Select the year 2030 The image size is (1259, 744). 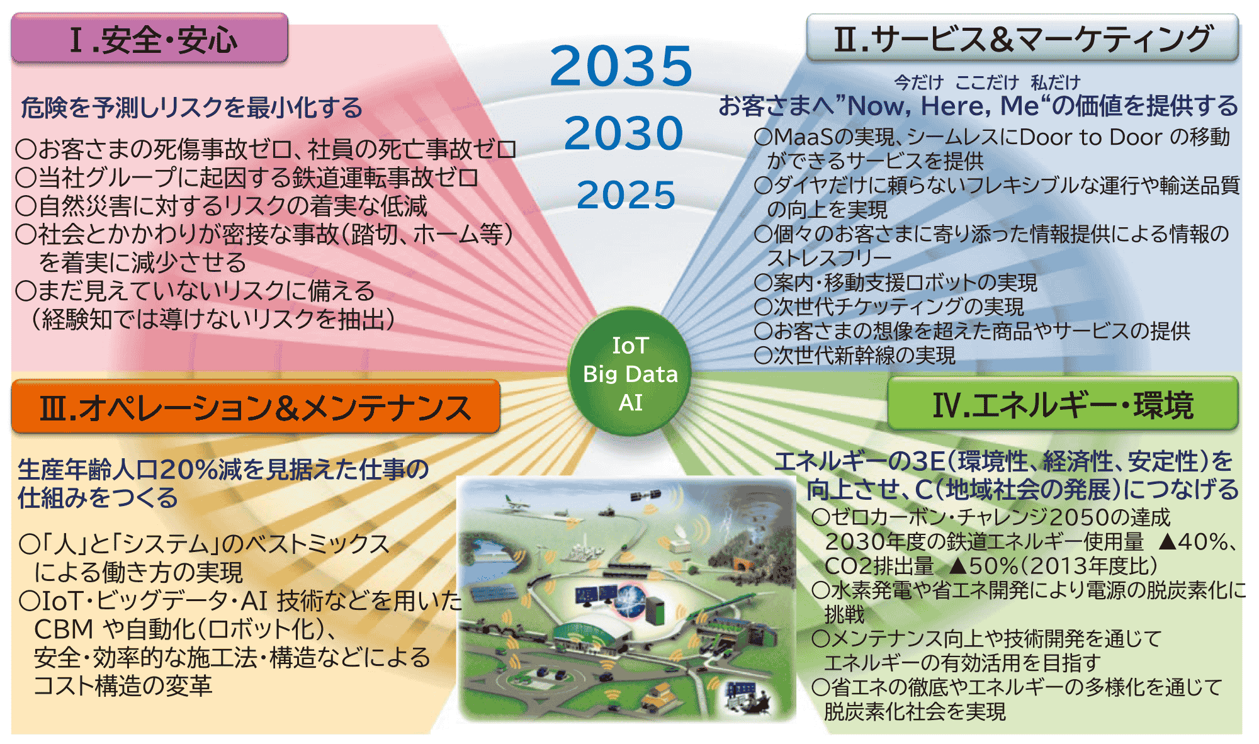623,133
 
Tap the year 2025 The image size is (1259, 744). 626,194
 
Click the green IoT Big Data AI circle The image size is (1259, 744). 629,373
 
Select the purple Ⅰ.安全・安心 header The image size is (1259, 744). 150,38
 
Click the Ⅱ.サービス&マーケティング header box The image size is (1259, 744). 1022,38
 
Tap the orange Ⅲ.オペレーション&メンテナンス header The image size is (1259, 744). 256,407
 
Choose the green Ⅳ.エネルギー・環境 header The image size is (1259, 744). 1063,404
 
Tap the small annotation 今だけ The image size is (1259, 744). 919,82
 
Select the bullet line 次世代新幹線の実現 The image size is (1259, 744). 855,356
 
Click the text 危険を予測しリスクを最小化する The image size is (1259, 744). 191,108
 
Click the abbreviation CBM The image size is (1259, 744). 64,629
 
